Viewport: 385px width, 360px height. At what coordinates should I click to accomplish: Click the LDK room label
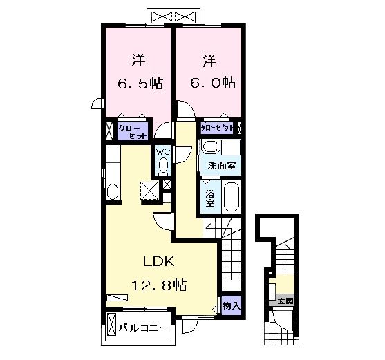(x=159, y=261)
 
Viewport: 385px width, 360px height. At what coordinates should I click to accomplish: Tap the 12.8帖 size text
(x=159, y=285)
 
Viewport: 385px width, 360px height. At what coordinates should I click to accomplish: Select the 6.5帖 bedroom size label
(x=140, y=84)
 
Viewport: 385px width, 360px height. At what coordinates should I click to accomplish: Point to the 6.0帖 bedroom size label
(x=213, y=83)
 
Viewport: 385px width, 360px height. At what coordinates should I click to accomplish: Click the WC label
(x=163, y=152)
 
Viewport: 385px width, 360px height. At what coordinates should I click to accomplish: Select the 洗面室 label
(x=221, y=166)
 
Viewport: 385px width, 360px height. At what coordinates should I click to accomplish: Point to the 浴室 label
(x=209, y=198)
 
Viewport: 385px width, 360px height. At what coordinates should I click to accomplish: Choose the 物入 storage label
(x=231, y=306)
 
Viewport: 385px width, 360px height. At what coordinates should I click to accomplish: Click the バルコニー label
(x=144, y=328)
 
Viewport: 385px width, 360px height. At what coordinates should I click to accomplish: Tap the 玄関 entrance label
(x=285, y=301)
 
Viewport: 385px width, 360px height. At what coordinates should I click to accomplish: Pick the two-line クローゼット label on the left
(x=133, y=132)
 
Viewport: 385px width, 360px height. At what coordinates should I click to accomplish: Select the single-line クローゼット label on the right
(x=217, y=128)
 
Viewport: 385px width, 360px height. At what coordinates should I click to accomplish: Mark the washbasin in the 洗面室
(x=210, y=147)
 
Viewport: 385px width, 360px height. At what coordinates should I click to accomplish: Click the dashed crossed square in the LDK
(x=149, y=191)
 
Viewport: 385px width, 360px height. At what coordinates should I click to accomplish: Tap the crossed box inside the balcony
(x=112, y=325)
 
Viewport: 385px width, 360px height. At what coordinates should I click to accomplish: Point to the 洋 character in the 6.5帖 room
(x=138, y=60)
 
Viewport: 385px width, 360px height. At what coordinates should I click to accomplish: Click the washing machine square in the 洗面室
(x=230, y=147)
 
